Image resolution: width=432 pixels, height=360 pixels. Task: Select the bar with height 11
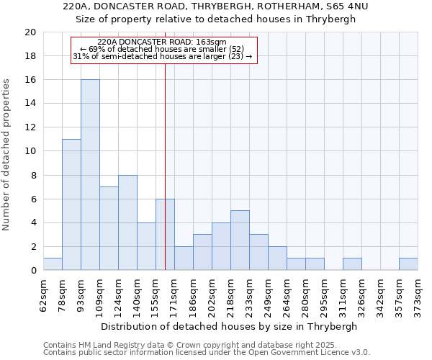[x=71, y=204]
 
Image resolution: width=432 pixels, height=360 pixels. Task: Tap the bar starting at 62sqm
[x=53, y=264]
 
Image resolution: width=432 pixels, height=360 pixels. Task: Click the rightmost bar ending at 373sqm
[x=408, y=264]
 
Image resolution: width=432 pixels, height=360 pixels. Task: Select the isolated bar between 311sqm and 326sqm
[x=352, y=264]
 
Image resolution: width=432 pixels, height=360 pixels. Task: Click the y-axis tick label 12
[x=30, y=127]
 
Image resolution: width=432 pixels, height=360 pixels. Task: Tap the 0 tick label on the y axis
[x=32, y=271]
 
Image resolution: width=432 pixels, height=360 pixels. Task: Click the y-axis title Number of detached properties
[x=7, y=155]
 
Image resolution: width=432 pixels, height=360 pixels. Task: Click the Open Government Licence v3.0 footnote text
[x=316, y=353]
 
